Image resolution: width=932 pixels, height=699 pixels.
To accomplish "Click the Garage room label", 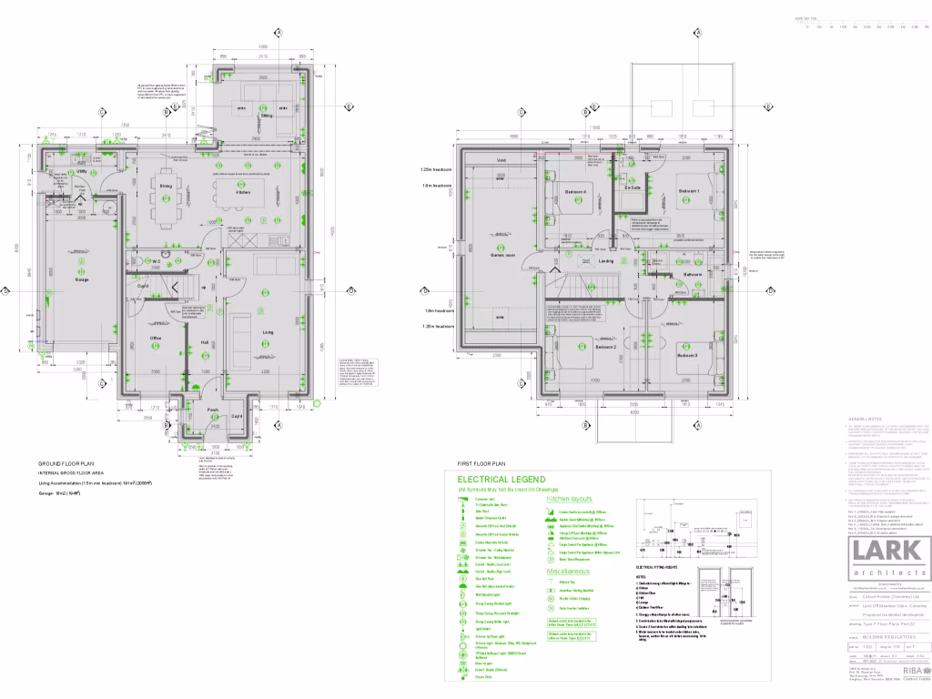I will coord(81,280).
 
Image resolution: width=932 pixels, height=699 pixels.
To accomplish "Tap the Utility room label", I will coord(81,172).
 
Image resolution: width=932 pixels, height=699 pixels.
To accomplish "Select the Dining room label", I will coord(166,186).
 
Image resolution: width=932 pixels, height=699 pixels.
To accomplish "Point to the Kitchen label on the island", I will coord(243,193).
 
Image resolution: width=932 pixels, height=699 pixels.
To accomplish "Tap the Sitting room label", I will coord(267,116).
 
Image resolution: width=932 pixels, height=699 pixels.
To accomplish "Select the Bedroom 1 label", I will coord(688,192).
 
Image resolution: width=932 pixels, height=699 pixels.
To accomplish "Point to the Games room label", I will coord(503,256).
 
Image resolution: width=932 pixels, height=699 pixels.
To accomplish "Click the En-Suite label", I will coord(632,187).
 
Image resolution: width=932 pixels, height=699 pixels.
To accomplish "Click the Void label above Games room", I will coord(501,161).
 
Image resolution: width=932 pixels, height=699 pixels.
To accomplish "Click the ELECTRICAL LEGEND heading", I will coord(501,479).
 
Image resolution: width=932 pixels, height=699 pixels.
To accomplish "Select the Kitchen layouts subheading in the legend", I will coord(569,499).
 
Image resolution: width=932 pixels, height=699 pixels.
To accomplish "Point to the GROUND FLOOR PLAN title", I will coord(66,463).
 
